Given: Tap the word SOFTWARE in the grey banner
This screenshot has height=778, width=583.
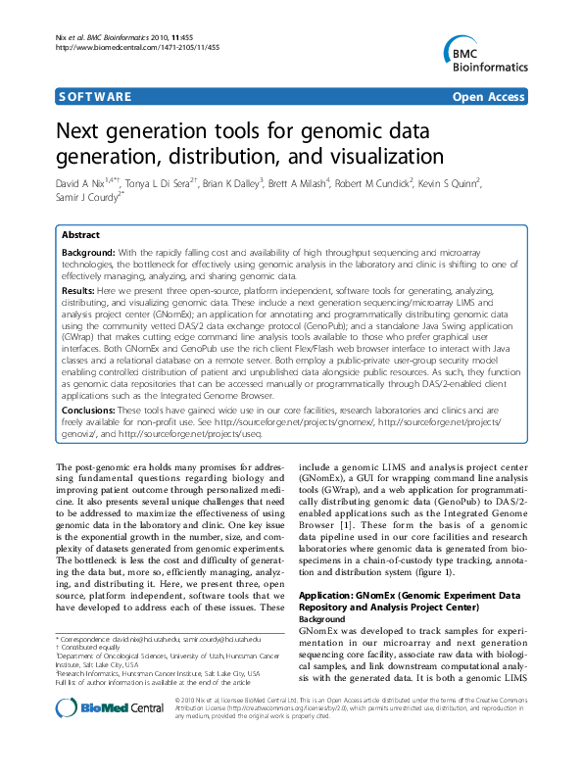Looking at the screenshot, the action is coord(94,97).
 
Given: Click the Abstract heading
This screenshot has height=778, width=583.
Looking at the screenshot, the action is coord(80,235).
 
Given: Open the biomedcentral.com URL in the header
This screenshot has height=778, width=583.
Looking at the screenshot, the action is coord(137,46).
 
